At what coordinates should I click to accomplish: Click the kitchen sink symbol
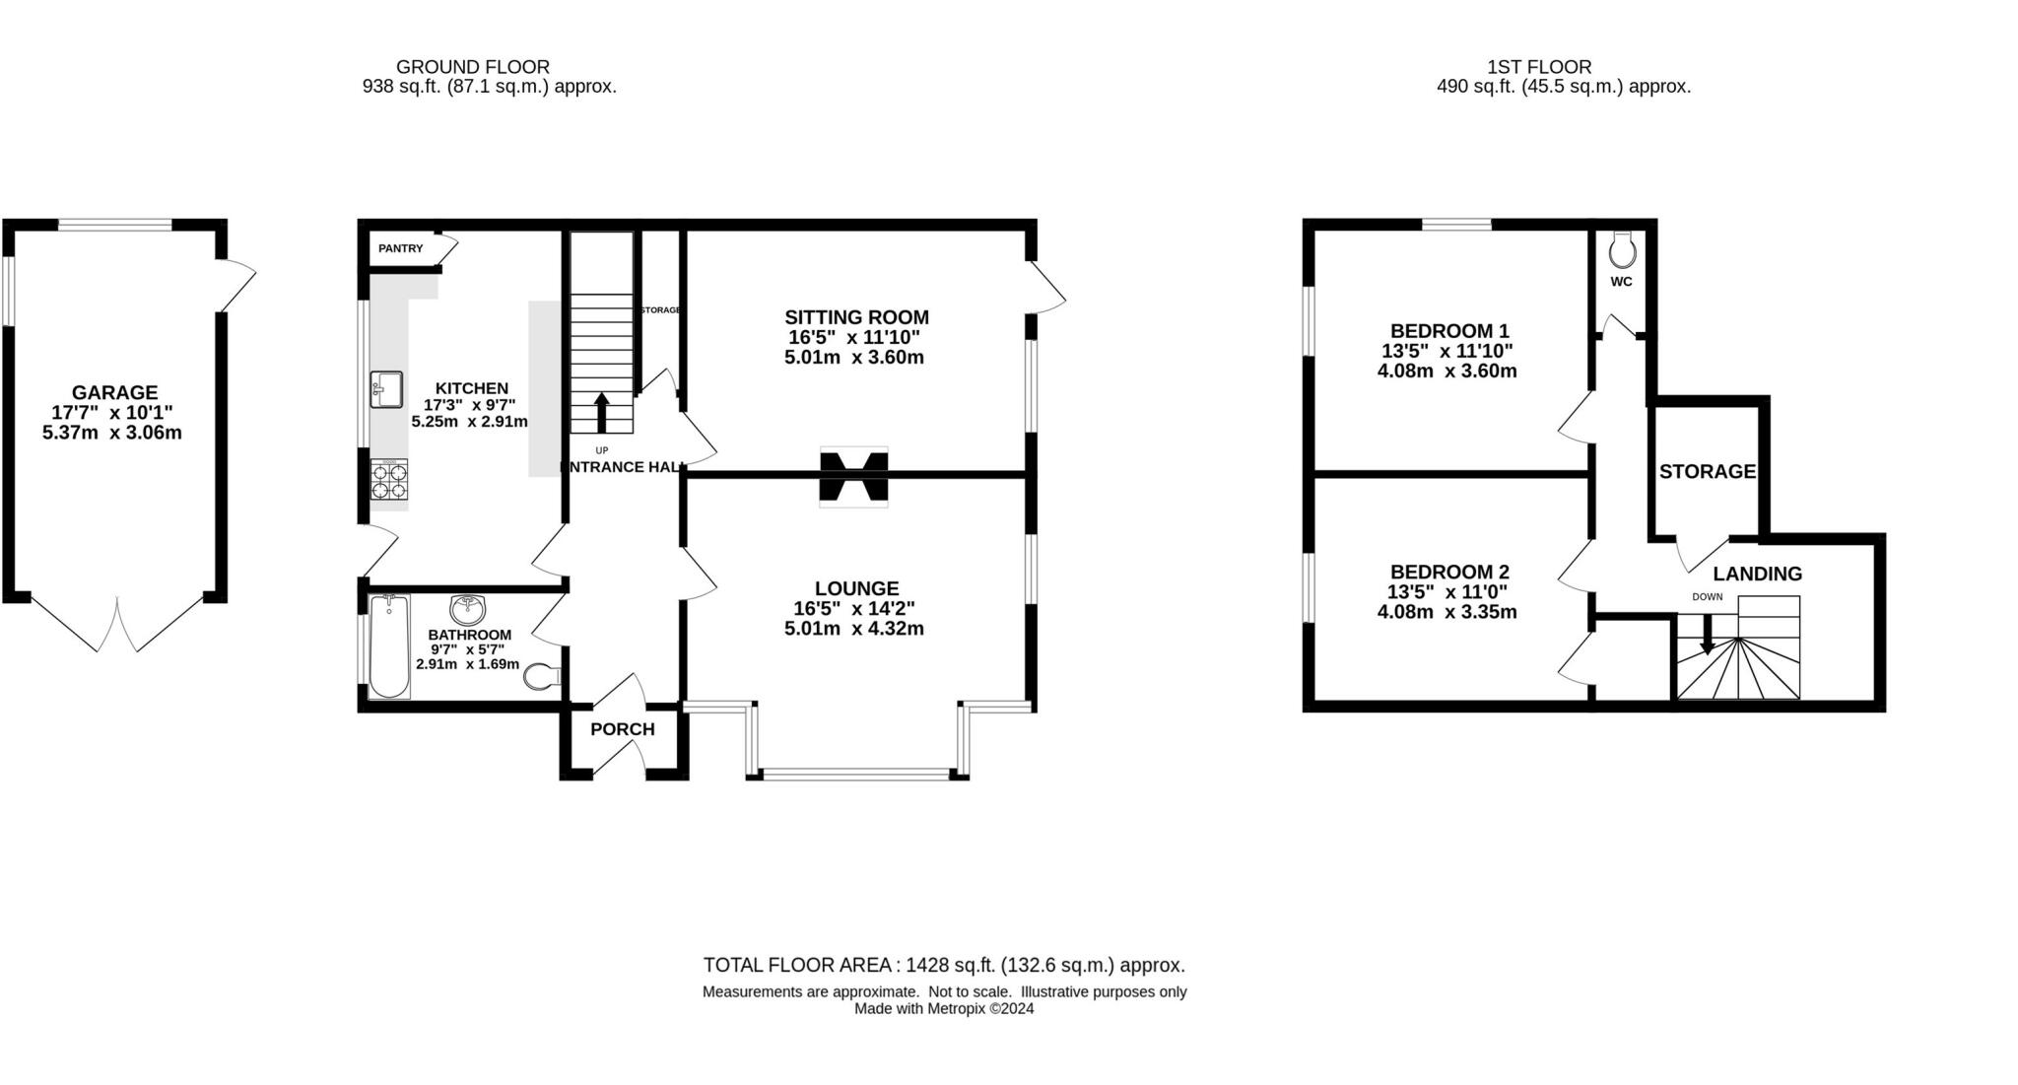(x=386, y=388)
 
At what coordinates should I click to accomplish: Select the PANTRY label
(x=400, y=248)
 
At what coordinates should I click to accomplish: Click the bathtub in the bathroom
(x=390, y=645)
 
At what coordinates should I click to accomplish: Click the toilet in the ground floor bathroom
(x=541, y=677)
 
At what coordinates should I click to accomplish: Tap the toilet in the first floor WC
(x=1622, y=250)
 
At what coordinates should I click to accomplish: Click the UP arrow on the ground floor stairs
(x=601, y=411)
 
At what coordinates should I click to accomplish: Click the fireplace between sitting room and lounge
(x=853, y=477)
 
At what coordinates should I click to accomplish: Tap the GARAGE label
(x=114, y=392)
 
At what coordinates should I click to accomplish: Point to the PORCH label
(x=622, y=729)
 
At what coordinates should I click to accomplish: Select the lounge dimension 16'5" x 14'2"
(x=855, y=608)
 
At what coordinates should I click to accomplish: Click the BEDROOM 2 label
(x=1448, y=572)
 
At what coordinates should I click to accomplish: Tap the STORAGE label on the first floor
(x=1707, y=471)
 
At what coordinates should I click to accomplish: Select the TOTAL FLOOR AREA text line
(x=943, y=965)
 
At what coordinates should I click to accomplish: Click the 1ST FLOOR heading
(x=1538, y=67)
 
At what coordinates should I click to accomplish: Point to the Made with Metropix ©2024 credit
(x=943, y=1009)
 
